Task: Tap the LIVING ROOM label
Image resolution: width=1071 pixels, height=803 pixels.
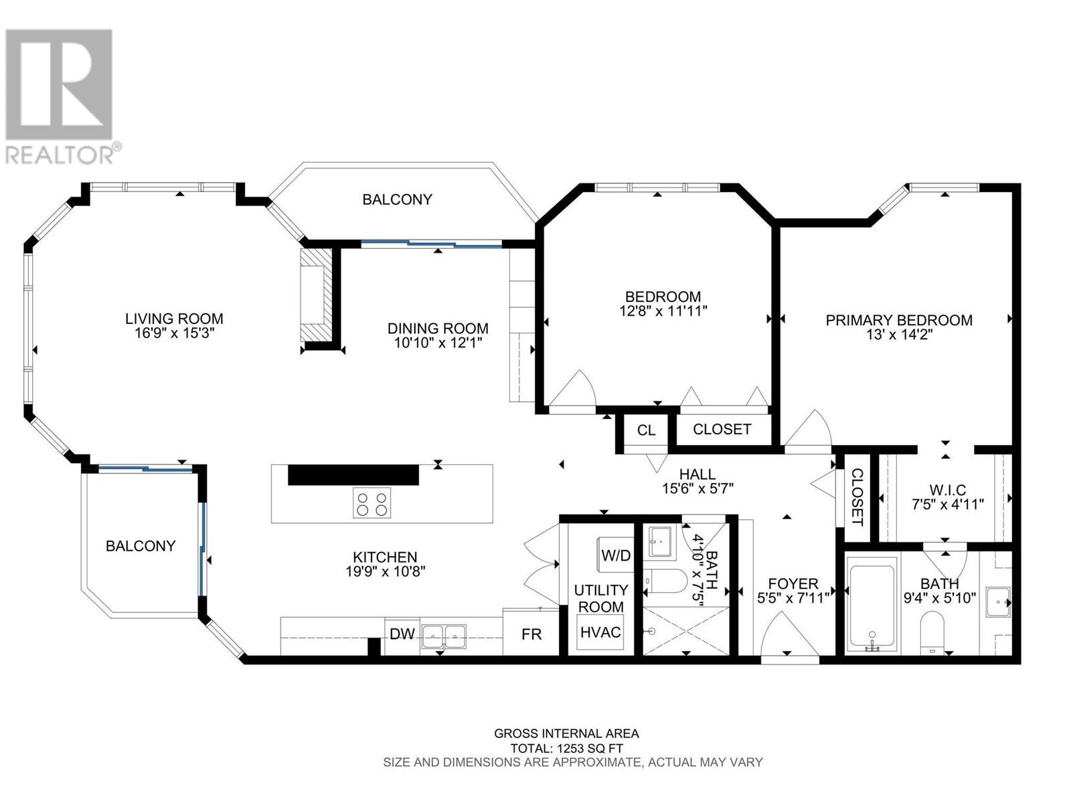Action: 174,319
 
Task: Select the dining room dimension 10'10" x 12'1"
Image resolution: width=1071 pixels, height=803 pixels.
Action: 438,343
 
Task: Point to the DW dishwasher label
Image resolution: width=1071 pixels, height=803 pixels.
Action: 402,634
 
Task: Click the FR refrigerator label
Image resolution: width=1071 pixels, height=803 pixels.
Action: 531,634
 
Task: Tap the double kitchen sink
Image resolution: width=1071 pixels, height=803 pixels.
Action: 444,637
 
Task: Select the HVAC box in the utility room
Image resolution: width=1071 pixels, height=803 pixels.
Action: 600,632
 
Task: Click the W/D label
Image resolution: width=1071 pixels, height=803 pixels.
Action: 616,555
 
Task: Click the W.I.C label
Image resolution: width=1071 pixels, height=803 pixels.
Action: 948,490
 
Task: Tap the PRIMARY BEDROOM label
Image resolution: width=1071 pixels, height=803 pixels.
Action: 899,321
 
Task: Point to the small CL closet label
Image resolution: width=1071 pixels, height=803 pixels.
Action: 646,430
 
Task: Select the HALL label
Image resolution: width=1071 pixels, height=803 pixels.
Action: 697,474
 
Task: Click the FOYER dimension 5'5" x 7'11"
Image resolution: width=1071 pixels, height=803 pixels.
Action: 793,598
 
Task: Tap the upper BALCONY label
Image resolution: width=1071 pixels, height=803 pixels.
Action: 397,199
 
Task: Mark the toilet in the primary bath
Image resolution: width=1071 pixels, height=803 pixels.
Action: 932,633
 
